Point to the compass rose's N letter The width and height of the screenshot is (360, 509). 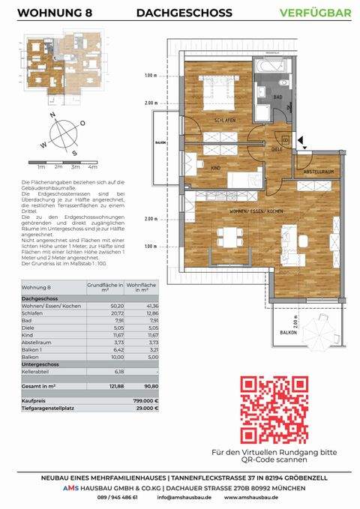[x=51, y=116]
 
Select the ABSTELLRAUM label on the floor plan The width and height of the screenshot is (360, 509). [x=318, y=172]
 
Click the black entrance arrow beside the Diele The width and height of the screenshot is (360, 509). [x=300, y=139]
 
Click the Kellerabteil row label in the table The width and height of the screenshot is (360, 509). [x=37, y=371]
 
